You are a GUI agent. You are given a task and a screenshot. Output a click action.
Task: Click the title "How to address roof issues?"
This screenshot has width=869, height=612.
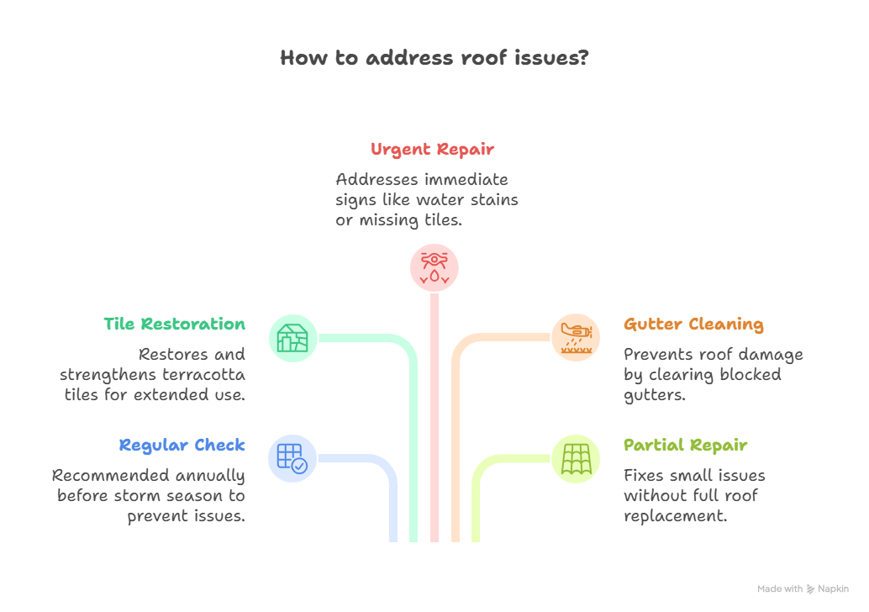pyautogui.click(x=434, y=58)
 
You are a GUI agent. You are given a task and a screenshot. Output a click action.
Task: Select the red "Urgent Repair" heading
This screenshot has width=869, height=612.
pyautogui.click(x=432, y=150)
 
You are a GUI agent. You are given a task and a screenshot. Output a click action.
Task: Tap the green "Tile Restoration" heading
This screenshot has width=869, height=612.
pyautogui.click(x=175, y=324)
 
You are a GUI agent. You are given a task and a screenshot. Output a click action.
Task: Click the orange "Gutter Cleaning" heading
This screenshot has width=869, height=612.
pyautogui.click(x=693, y=324)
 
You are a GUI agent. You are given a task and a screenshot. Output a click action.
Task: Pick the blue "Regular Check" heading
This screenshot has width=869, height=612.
pyautogui.click(x=182, y=446)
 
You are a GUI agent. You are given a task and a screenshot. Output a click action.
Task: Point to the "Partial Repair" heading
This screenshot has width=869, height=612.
pyautogui.click(x=685, y=446)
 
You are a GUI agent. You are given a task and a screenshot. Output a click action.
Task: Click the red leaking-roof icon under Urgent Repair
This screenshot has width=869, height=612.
pyautogui.click(x=434, y=267)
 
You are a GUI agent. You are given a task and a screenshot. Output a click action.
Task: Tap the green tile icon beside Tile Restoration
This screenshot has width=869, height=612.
pyautogui.click(x=292, y=338)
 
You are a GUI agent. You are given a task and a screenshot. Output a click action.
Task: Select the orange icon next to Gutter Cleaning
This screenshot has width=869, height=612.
pyautogui.click(x=576, y=338)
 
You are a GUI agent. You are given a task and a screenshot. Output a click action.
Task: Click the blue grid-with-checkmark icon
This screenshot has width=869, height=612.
pyautogui.click(x=292, y=459)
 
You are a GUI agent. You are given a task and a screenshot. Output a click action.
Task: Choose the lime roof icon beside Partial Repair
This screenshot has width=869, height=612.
pyautogui.click(x=576, y=459)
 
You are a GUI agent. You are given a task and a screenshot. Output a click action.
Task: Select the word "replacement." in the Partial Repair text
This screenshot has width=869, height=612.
pyautogui.click(x=675, y=516)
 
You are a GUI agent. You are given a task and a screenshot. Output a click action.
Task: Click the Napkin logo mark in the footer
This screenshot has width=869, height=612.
pyautogui.click(x=810, y=589)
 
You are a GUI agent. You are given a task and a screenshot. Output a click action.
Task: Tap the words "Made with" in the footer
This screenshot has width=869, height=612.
pyautogui.click(x=779, y=589)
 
